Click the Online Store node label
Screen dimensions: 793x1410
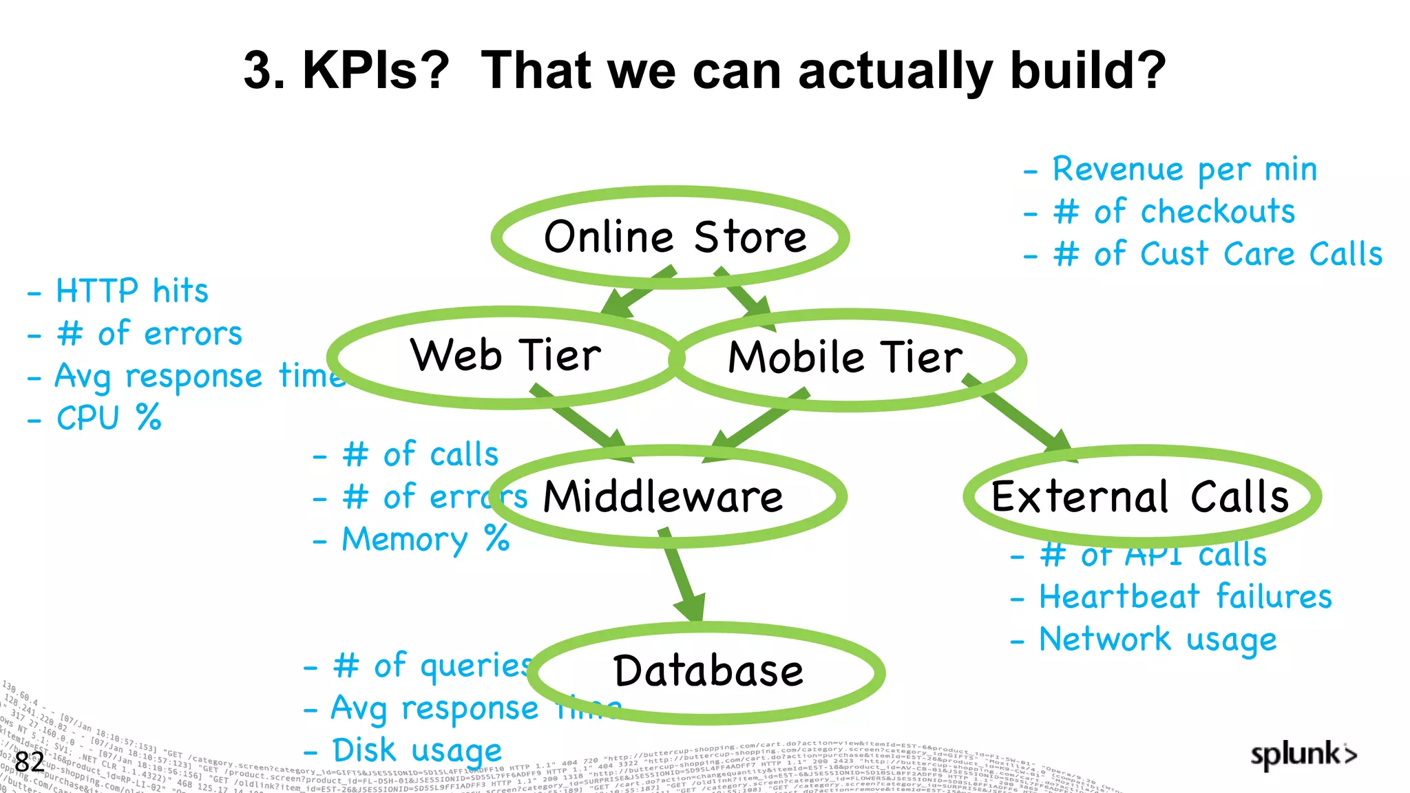click(675, 237)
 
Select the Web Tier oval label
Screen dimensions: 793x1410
click(506, 356)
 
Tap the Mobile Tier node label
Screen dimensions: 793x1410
click(845, 358)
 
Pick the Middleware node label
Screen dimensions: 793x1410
click(663, 497)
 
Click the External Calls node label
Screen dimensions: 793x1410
click(1139, 497)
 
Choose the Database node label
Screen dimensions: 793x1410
click(708, 671)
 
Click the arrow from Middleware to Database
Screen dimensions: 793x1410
click(681, 575)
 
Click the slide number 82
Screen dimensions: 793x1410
click(29, 762)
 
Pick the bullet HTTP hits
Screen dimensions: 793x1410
click(131, 291)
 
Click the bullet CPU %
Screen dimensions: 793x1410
click(108, 418)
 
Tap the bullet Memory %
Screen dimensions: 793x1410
click(425, 539)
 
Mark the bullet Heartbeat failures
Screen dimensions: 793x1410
click(1185, 597)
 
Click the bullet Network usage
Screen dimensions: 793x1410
click(1157, 640)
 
